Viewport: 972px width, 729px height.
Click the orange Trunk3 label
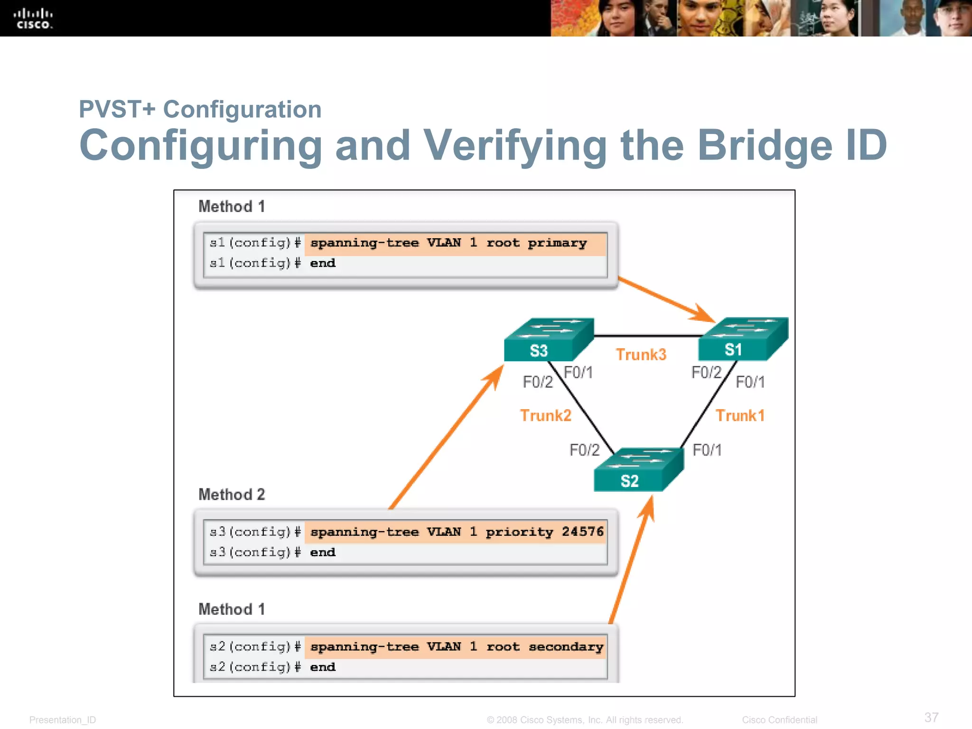[641, 355]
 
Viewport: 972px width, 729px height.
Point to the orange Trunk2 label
[545, 416]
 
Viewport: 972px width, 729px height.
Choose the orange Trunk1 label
[740, 416]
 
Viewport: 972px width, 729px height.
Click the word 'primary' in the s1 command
[557, 243]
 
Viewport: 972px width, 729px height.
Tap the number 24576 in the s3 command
[582, 532]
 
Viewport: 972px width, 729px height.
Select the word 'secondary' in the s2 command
[566, 647]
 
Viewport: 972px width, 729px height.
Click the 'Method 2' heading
[232, 495]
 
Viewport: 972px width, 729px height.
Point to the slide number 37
[931, 717]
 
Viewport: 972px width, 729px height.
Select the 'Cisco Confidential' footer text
[779, 720]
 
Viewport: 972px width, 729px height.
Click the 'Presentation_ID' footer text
[63, 720]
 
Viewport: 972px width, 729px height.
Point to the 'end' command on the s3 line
[323, 552]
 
